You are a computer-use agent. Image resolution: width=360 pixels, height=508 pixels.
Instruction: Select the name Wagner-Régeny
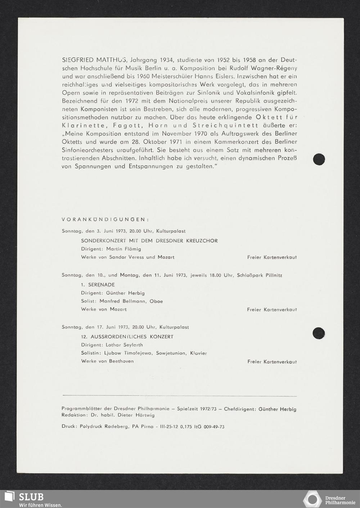(x=277, y=68)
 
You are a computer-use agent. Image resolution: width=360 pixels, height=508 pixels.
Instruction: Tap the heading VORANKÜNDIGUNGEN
(x=105, y=219)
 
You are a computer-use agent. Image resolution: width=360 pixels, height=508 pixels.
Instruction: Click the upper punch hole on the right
(x=319, y=159)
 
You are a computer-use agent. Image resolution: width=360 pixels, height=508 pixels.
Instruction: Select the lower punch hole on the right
(x=319, y=333)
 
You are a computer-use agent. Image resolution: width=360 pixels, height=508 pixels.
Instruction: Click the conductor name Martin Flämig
(x=123, y=249)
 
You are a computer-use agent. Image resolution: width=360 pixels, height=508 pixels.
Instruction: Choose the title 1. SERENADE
(x=98, y=284)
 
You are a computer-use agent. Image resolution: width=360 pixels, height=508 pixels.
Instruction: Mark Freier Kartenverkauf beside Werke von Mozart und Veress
(x=272, y=257)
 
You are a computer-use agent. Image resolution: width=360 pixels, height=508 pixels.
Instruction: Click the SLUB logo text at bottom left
(x=31, y=497)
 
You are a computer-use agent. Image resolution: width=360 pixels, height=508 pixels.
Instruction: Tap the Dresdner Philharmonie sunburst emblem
(x=312, y=499)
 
